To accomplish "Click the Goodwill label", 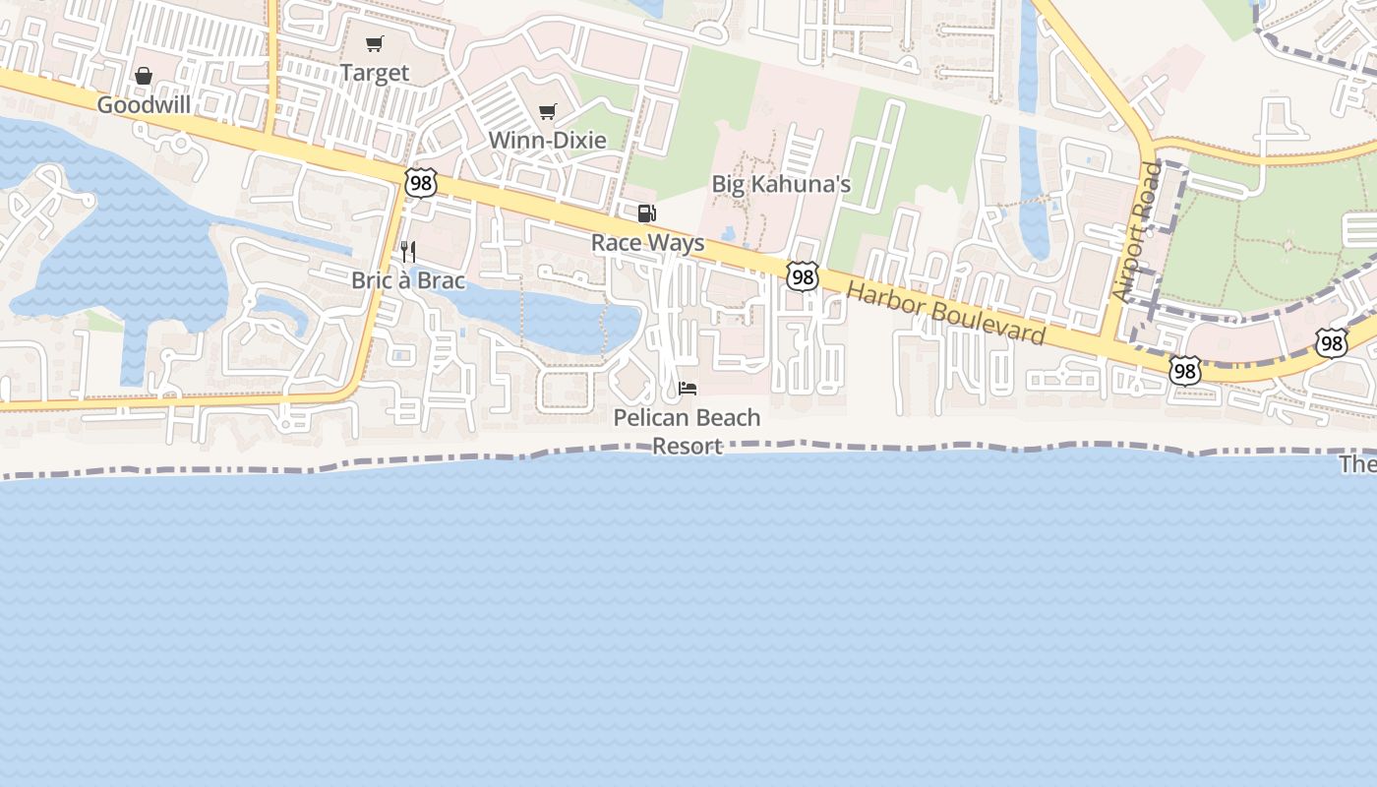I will pyautogui.click(x=144, y=105).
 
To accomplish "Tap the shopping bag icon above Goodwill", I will pyautogui.click(x=144, y=76).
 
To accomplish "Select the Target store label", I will pyautogui.click(x=375, y=73).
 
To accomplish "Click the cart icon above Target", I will pyautogui.click(x=374, y=43).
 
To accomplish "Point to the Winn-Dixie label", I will pyautogui.click(x=548, y=140).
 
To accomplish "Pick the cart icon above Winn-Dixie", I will pyautogui.click(x=548, y=111).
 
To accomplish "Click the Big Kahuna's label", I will pyautogui.click(x=781, y=184).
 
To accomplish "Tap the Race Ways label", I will pyautogui.click(x=648, y=242).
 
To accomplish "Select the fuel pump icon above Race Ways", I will pyautogui.click(x=647, y=213).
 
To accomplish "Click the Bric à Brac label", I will pyautogui.click(x=408, y=280).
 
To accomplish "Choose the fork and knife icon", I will pyautogui.click(x=408, y=252).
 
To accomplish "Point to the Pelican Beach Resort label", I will pyautogui.click(x=688, y=431).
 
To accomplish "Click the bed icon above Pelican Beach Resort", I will pyautogui.click(x=688, y=389).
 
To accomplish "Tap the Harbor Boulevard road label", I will pyautogui.click(x=945, y=314).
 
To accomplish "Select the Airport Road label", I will pyautogui.click(x=1138, y=231).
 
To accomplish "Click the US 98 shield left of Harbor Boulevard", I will pyautogui.click(x=803, y=277).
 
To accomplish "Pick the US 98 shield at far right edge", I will pyautogui.click(x=1332, y=342).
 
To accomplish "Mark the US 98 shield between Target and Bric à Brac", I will pyautogui.click(x=420, y=182).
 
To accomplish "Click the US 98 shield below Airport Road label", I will pyautogui.click(x=1185, y=370).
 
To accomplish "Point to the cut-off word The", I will pyautogui.click(x=1358, y=464).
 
